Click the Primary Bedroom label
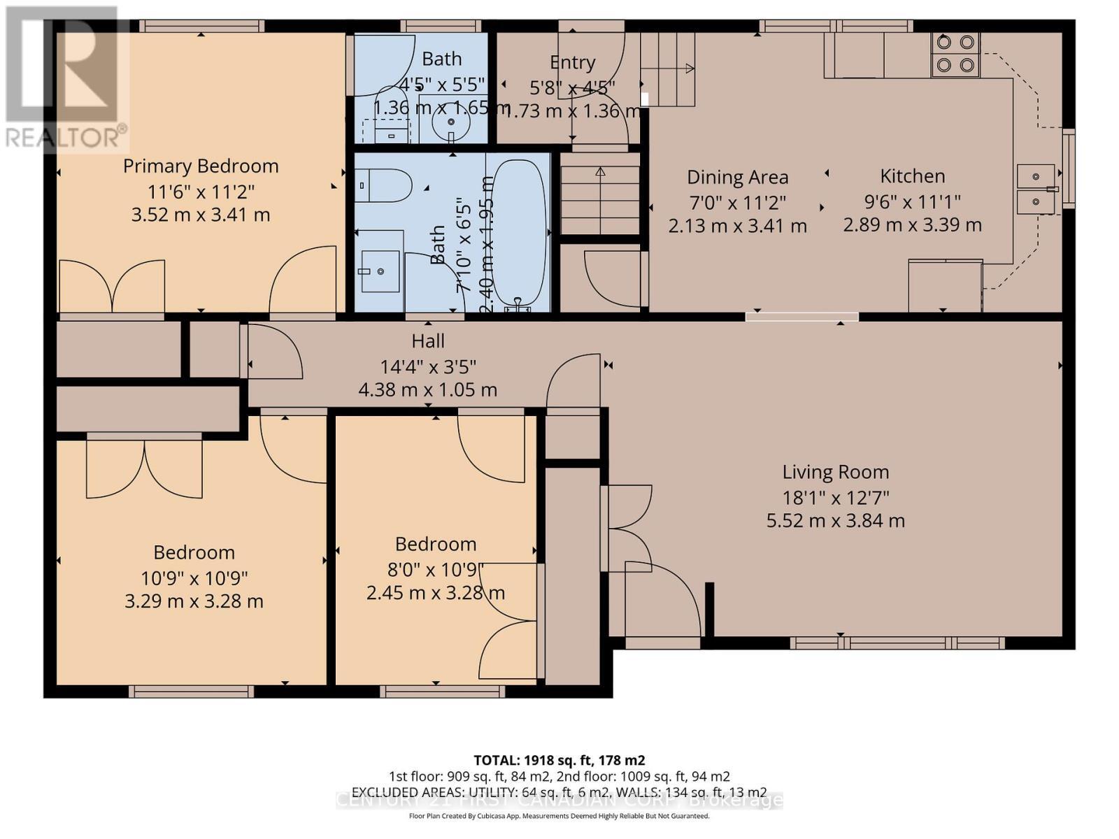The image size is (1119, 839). [x=201, y=166]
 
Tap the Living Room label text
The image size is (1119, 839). [x=835, y=473]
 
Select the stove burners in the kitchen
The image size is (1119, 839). [x=955, y=54]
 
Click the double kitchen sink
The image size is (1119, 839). [x=1036, y=188]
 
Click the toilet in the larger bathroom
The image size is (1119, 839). [x=383, y=185]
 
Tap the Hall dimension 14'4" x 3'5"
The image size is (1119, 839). [x=427, y=366]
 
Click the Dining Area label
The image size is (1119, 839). [x=737, y=178]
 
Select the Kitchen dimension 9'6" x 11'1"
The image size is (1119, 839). [x=912, y=201]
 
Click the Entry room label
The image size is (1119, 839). [x=572, y=63]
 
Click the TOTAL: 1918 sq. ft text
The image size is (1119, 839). [x=559, y=760]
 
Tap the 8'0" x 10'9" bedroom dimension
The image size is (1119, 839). [x=435, y=568]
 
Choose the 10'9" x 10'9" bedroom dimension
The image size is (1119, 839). [x=194, y=578]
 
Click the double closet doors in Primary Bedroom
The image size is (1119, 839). [x=112, y=286]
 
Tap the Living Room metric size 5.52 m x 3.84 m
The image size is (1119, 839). [x=835, y=521]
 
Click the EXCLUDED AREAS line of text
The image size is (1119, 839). [x=559, y=792]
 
